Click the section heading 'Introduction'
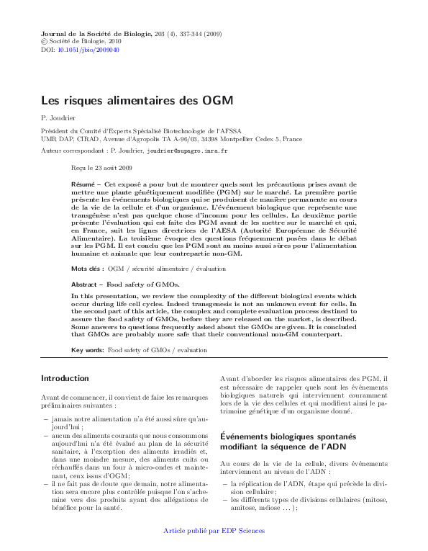tap(65, 378)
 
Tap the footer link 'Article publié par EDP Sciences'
tap(214, 531)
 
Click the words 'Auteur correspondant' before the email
tap(72, 151)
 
